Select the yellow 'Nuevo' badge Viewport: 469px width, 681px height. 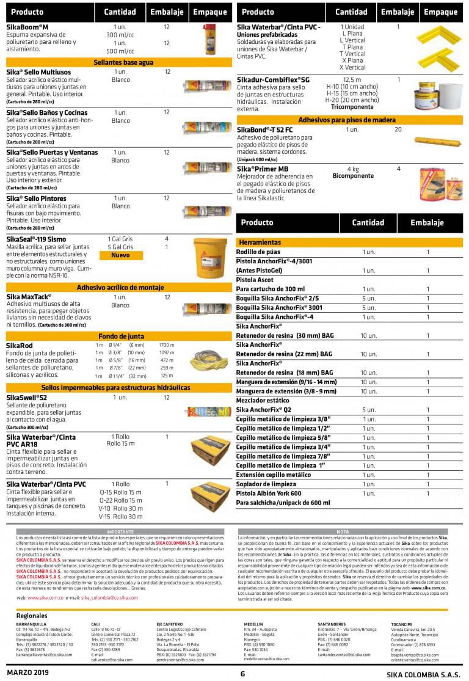(x=120, y=255)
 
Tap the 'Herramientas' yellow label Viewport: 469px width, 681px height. (x=260, y=242)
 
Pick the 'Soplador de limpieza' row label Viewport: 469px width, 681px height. (x=266, y=484)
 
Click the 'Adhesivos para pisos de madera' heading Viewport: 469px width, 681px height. (x=346, y=120)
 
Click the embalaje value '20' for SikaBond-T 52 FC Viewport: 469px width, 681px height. (x=398, y=129)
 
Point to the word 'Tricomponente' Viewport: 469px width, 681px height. (x=352, y=106)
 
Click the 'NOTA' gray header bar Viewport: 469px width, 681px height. (x=343, y=531)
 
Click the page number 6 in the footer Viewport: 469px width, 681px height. (x=242, y=674)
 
